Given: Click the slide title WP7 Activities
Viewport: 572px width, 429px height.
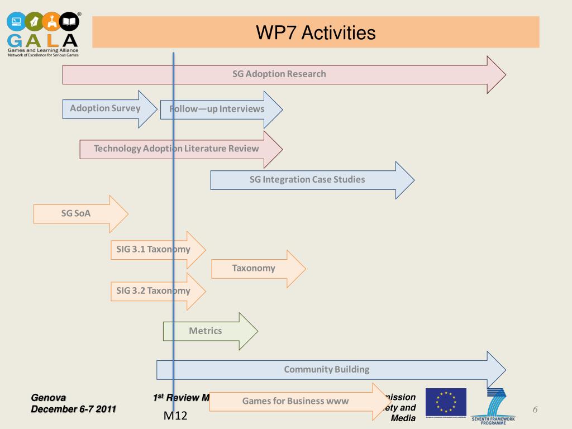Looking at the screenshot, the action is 316,32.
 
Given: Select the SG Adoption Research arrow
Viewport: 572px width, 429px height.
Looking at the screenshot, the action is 279,74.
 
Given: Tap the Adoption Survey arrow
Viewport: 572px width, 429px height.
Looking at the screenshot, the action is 106,108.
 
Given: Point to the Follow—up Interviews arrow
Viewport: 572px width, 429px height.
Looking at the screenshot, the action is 217,109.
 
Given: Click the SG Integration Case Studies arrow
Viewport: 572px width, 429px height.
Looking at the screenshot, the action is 307,180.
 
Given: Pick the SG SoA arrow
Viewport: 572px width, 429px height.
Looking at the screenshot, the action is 76,213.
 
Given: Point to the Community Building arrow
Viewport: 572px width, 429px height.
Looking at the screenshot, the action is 327,369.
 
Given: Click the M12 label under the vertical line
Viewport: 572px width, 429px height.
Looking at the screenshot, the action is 175,416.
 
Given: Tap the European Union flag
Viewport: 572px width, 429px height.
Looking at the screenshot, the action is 446,402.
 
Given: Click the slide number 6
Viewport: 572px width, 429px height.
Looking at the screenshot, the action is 535,410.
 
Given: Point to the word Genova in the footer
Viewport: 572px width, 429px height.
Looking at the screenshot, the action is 49,398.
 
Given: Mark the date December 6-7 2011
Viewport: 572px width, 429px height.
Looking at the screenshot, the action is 73,409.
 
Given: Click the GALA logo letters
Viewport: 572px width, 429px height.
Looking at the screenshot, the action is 43,41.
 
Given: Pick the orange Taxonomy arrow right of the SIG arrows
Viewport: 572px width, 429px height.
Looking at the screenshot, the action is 254,269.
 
